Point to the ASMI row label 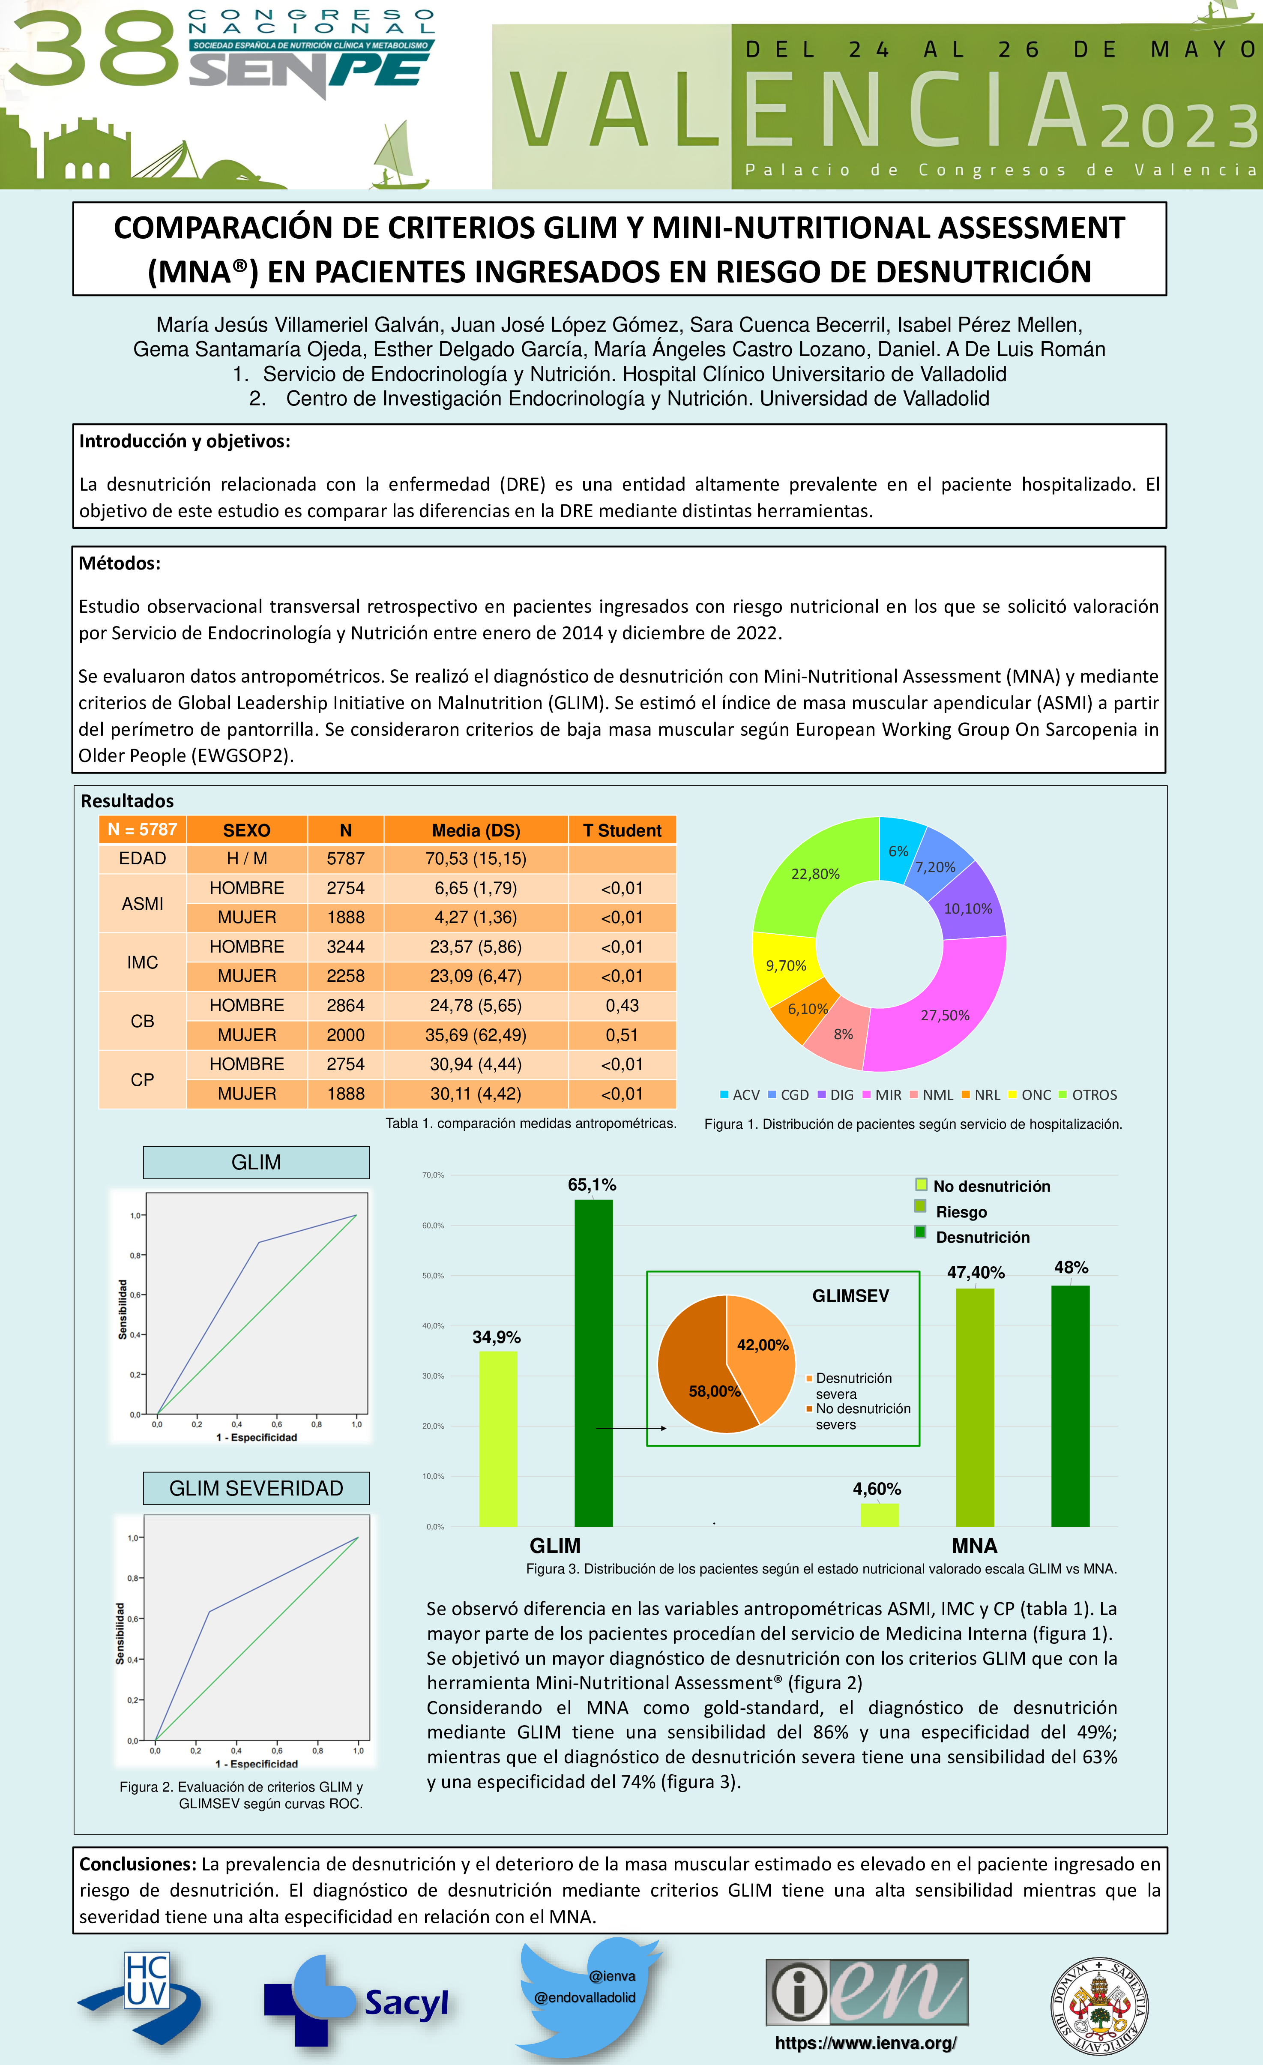(143, 902)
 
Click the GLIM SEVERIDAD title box (257, 1487)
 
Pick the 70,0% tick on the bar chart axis (433, 1175)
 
